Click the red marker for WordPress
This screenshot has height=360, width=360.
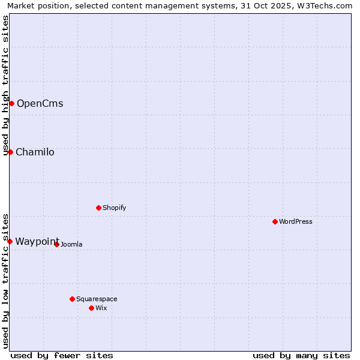(275, 221)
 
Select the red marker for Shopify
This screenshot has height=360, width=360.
(98, 208)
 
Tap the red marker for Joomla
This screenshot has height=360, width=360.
(56, 244)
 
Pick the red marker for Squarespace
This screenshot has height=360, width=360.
(72, 299)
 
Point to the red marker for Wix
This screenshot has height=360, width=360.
(91, 308)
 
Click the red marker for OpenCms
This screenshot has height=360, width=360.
(11, 103)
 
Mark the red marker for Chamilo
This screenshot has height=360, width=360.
(10, 152)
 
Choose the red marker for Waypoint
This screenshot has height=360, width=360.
(10, 241)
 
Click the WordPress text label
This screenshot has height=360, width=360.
(296, 221)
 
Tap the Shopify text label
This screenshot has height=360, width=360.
(115, 208)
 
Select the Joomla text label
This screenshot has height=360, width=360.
(71, 244)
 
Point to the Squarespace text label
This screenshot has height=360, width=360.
(97, 299)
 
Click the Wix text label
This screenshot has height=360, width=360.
(101, 308)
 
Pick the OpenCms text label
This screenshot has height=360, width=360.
(40, 103)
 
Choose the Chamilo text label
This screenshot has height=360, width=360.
(35, 152)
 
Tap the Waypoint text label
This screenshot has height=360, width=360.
(37, 241)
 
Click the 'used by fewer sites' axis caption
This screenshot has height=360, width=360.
(62, 355)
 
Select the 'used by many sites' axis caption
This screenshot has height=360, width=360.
(301, 355)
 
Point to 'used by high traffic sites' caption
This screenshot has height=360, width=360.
(6, 85)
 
